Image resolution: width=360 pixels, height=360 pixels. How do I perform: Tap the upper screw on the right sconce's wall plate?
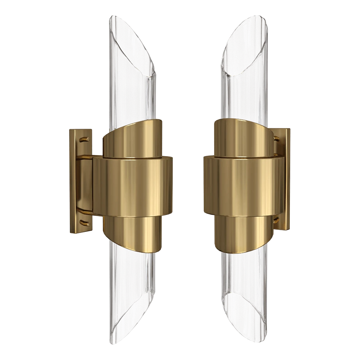(276, 138)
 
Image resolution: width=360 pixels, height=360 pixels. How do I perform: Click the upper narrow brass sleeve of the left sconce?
(133, 140)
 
